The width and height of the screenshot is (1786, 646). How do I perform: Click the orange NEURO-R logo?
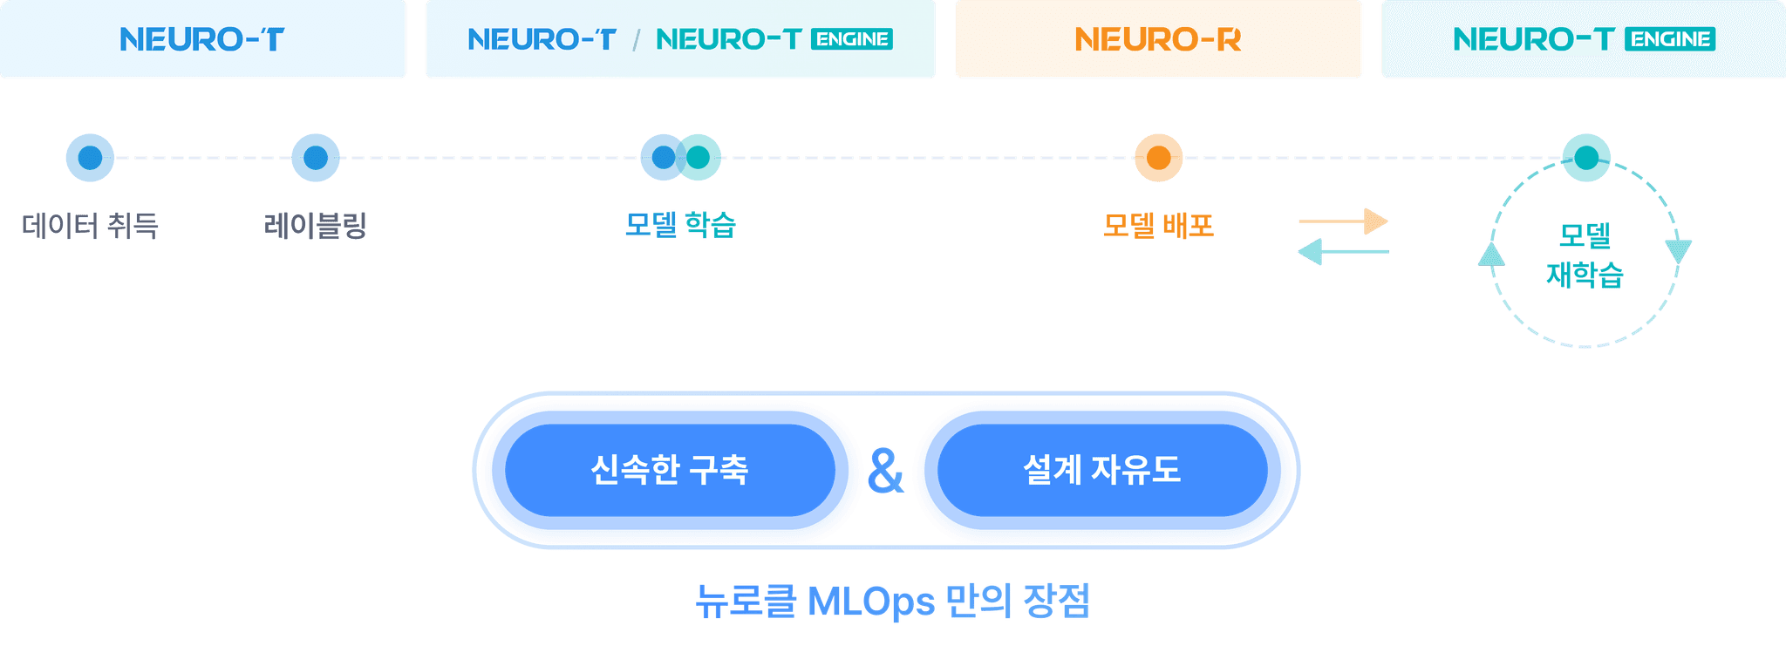point(1157,39)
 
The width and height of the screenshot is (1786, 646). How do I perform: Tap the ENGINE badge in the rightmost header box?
point(1670,39)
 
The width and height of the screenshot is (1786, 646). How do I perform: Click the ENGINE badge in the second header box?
point(851,39)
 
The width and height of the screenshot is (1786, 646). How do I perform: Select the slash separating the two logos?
point(637,40)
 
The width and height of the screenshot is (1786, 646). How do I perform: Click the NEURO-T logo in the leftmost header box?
point(201,39)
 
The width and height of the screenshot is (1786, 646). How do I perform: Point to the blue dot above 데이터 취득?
point(90,158)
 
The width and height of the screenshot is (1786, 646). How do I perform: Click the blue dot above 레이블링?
point(315,158)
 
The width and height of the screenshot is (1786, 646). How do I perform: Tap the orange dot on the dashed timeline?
point(1158,158)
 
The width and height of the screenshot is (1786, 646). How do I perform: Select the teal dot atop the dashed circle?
point(1585,158)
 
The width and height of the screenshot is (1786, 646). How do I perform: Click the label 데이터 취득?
point(90,226)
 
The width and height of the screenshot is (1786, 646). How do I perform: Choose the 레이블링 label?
point(315,226)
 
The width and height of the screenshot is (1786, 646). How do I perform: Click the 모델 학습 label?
point(681,225)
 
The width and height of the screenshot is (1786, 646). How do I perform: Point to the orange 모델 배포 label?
point(1158,225)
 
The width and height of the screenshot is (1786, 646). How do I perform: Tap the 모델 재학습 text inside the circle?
point(1585,255)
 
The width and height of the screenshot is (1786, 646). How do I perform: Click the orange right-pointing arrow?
point(1343,221)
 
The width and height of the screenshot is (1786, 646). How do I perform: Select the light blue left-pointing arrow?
point(1343,253)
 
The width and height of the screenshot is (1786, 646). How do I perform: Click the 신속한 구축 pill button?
point(670,471)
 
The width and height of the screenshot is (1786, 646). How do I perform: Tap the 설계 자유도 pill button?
point(1101,471)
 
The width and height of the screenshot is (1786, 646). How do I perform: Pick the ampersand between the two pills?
point(885,472)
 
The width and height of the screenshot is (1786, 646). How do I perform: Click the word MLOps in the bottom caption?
point(870,602)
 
